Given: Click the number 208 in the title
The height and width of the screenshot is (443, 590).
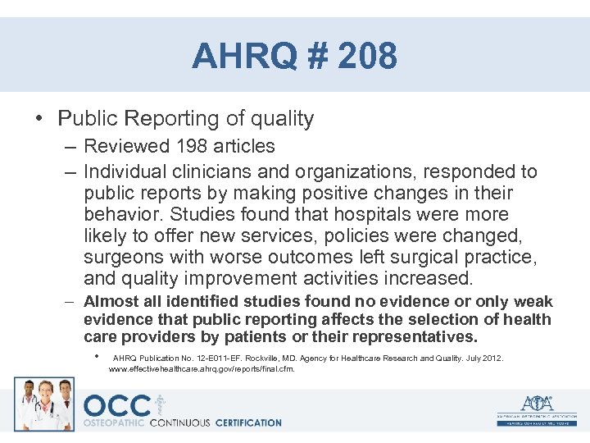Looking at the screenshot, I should [366, 57].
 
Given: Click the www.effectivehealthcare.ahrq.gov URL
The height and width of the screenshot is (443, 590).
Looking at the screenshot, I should [202, 369].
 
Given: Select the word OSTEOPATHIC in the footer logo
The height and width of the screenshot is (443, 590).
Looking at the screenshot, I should [114, 423].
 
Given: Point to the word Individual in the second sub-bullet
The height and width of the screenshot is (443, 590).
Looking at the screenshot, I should [127, 172].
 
